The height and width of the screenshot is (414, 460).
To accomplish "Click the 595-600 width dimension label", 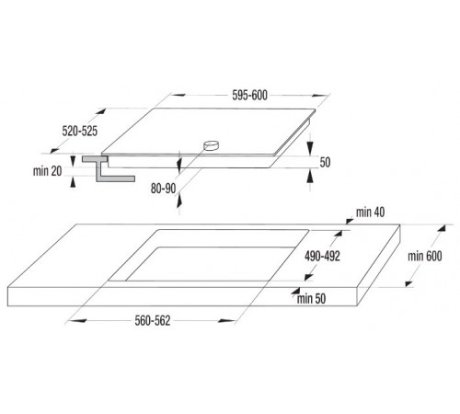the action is tap(249, 96).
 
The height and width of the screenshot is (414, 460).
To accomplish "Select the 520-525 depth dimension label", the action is tap(80, 131).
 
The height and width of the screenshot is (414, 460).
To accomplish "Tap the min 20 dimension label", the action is tap(48, 171).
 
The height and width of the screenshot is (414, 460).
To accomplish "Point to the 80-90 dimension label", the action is tap(163, 189).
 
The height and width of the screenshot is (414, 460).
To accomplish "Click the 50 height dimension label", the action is tap(325, 162).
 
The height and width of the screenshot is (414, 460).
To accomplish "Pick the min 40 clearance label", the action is tap(370, 213).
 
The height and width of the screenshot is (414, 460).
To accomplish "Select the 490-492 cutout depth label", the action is tap(322, 256).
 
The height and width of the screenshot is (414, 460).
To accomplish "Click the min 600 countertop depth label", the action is tap(425, 256).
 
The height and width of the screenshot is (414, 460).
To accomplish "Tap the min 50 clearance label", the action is tap(311, 299).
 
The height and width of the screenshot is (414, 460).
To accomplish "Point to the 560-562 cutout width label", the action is tap(153, 321).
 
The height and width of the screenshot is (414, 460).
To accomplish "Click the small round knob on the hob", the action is tap(211, 145).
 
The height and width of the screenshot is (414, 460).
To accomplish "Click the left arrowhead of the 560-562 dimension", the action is tap(76, 321).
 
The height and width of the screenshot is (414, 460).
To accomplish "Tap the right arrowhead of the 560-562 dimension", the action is tap(227, 321).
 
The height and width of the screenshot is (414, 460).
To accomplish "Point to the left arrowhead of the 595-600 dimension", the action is tap(178, 95).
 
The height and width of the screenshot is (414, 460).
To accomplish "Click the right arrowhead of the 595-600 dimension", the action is tap(321, 96).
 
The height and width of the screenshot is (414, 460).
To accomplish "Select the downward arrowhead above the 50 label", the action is tap(310, 148).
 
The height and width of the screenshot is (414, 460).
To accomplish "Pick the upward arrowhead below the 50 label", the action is tap(310, 177).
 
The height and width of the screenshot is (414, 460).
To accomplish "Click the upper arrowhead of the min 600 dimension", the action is tap(442, 228).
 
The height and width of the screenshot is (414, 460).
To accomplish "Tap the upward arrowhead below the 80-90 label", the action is tap(179, 200).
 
